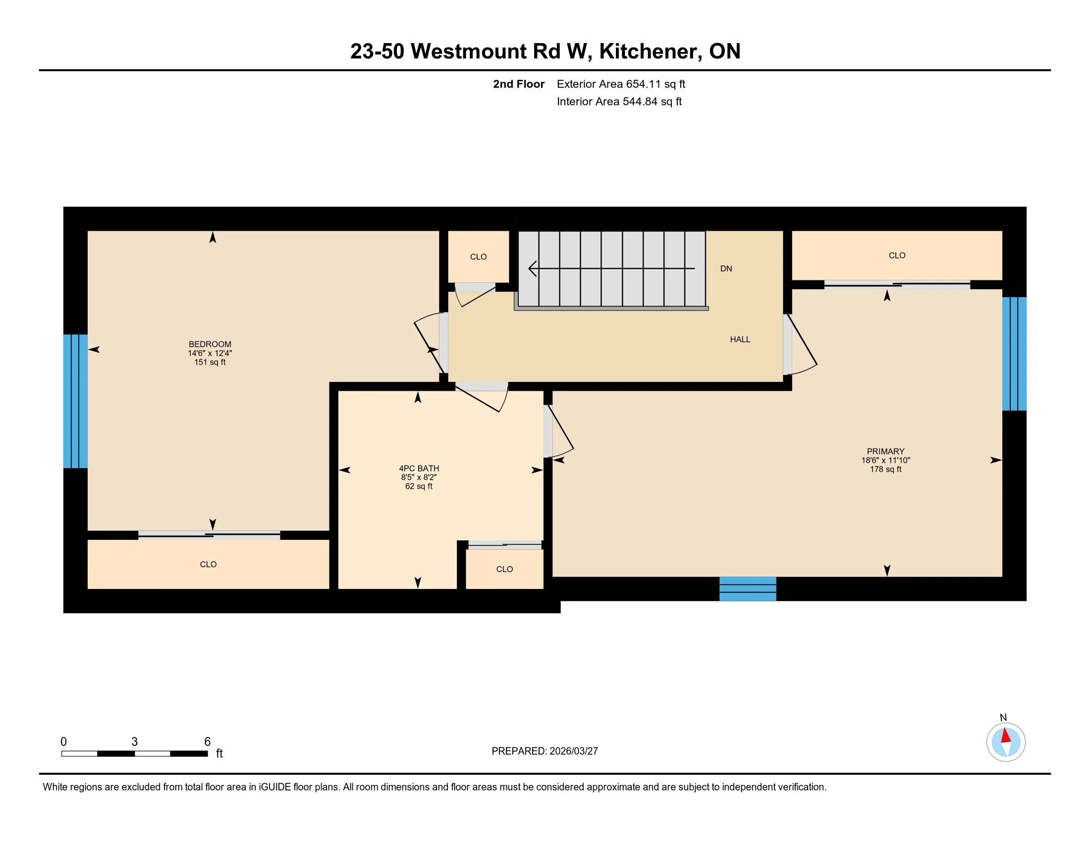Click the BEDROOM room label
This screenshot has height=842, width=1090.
click(210, 344)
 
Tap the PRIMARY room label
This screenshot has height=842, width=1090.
click(885, 451)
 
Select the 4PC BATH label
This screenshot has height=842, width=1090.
click(419, 469)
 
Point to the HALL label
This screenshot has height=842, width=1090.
click(740, 339)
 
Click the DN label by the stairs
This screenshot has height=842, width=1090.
click(726, 268)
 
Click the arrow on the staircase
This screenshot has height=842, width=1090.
click(611, 268)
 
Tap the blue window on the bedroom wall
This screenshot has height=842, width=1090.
click(75, 401)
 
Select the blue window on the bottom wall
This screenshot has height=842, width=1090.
click(748, 588)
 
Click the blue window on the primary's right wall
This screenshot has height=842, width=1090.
click(1014, 354)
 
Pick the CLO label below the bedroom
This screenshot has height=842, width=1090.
click(208, 564)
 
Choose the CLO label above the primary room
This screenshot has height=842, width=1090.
click(897, 256)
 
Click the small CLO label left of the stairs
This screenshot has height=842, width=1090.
click(478, 257)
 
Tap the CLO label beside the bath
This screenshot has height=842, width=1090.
click(504, 569)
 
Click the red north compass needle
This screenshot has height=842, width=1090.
click(1006, 736)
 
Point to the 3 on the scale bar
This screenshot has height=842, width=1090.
click(135, 742)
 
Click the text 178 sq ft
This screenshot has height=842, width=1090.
click(885, 470)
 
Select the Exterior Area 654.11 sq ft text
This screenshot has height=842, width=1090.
click(621, 84)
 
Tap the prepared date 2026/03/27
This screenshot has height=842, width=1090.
click(573, 751)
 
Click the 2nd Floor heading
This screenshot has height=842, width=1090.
click(519, 84)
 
